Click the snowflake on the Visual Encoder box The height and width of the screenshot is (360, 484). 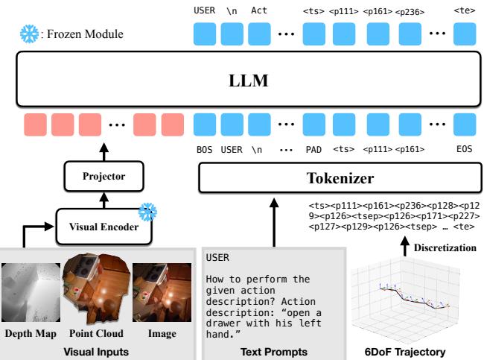[x=150, y=211]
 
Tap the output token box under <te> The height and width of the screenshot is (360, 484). [x=464, y=34]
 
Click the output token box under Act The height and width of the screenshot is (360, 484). [x=258, y=34]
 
